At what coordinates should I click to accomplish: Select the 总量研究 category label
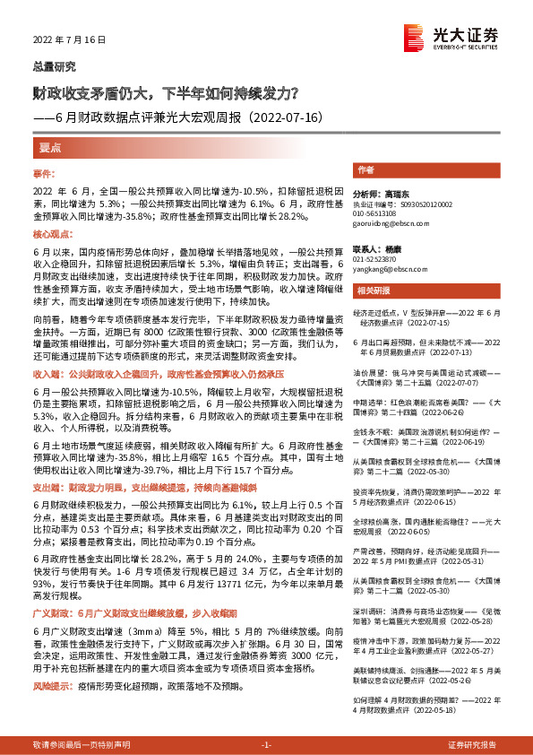(55, 66)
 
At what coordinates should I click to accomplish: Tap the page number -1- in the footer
(266, 745)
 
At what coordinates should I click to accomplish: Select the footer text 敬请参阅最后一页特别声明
(81, 745)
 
